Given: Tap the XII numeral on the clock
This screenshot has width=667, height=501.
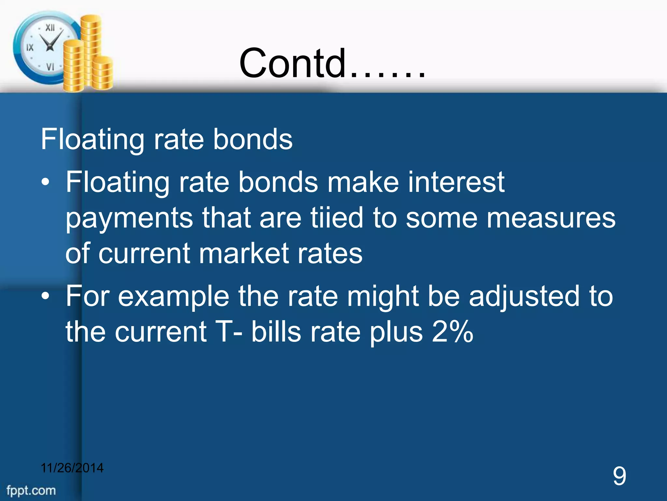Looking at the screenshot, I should pyautogui.click(x=50, y=27).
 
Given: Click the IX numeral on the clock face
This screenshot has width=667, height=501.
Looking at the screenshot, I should pyautogui.click(x=30, y=48).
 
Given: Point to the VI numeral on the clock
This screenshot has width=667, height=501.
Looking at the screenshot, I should pyautogui.click(x=50, y=67).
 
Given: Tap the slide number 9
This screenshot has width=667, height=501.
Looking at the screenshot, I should pyautogui.click(x=619, y=476).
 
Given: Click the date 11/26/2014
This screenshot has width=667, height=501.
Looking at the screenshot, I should pyautogui.click(x=72, y=468).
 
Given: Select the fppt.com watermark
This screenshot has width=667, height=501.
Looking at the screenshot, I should pyautogui.click(x=31, y=490).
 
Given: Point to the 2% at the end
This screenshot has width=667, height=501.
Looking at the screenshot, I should pyautogui.click(x=452, y=332).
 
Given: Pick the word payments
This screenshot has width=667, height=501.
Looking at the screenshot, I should pyautogui.click(x=129, y=218).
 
